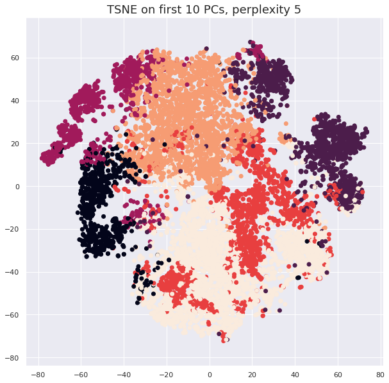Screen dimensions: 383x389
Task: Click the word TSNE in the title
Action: (122, 10)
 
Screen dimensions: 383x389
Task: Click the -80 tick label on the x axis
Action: (38, 373)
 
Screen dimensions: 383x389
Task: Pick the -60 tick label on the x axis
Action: (81, 373)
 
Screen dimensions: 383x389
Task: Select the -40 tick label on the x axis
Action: (124, 373)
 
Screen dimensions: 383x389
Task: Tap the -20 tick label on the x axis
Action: (166, 373)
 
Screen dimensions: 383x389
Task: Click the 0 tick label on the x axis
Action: (210, 373)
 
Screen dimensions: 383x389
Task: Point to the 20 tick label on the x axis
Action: (252, 373)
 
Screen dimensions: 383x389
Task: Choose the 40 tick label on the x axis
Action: (295, 373)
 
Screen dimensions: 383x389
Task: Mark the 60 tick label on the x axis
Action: (338, 373)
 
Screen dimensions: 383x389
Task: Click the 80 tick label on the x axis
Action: (381, 373)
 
